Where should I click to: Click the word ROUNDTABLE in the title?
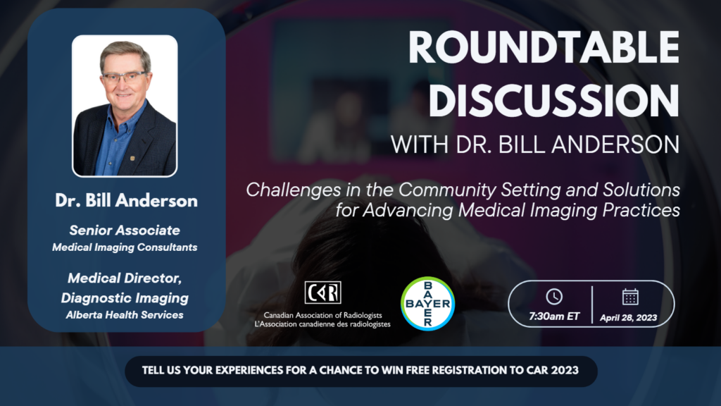(544, 48)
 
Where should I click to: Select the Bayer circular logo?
(427, 304)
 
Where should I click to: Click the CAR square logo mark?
(322, 293)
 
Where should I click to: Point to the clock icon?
(554, 297)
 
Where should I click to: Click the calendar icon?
(630, 297)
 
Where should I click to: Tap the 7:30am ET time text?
(554, 316)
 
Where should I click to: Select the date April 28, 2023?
(628, 318)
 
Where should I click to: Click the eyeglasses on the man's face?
(125, 77)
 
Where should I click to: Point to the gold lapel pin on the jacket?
(132, 159)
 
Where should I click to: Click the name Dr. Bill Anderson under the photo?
(126, 201)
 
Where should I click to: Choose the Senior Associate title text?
(125, 230)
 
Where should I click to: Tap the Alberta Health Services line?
(125, 315)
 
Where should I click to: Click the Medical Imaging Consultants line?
(125, 247)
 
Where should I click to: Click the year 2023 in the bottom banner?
(565, 371)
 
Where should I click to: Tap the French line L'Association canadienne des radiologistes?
(322, 324)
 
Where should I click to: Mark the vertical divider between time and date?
(592, 304)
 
